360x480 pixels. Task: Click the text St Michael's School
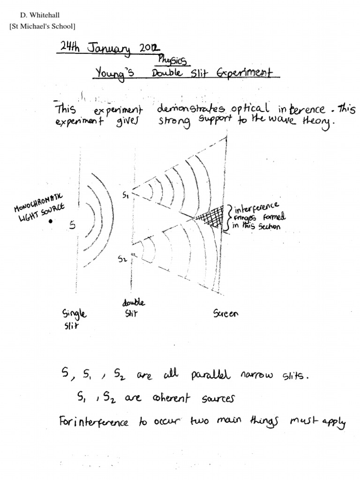42,26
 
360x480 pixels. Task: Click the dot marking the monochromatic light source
50,221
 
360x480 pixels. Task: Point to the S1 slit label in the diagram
125,196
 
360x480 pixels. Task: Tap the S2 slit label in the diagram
122,259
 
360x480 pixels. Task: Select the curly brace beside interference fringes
228,218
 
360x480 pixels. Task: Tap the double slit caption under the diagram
133,308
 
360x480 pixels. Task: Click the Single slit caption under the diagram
74,318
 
